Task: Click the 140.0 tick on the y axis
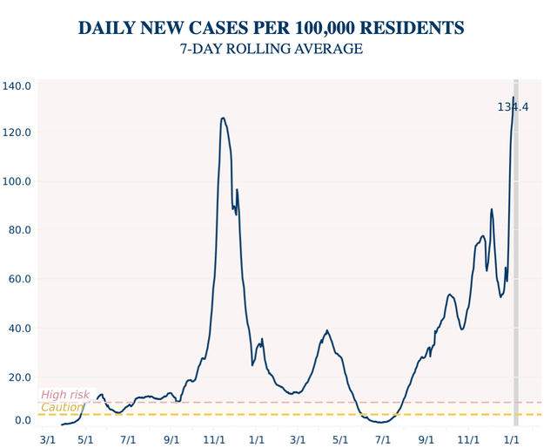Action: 17,86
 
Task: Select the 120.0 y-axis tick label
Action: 17,132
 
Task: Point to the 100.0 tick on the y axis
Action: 17,181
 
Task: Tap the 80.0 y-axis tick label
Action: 19,230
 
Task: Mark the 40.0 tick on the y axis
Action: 19,328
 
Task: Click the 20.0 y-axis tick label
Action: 19,377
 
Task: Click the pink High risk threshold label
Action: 65,395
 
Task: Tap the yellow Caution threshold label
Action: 62,407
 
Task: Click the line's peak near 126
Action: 224,119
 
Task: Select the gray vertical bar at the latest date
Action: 516,261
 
